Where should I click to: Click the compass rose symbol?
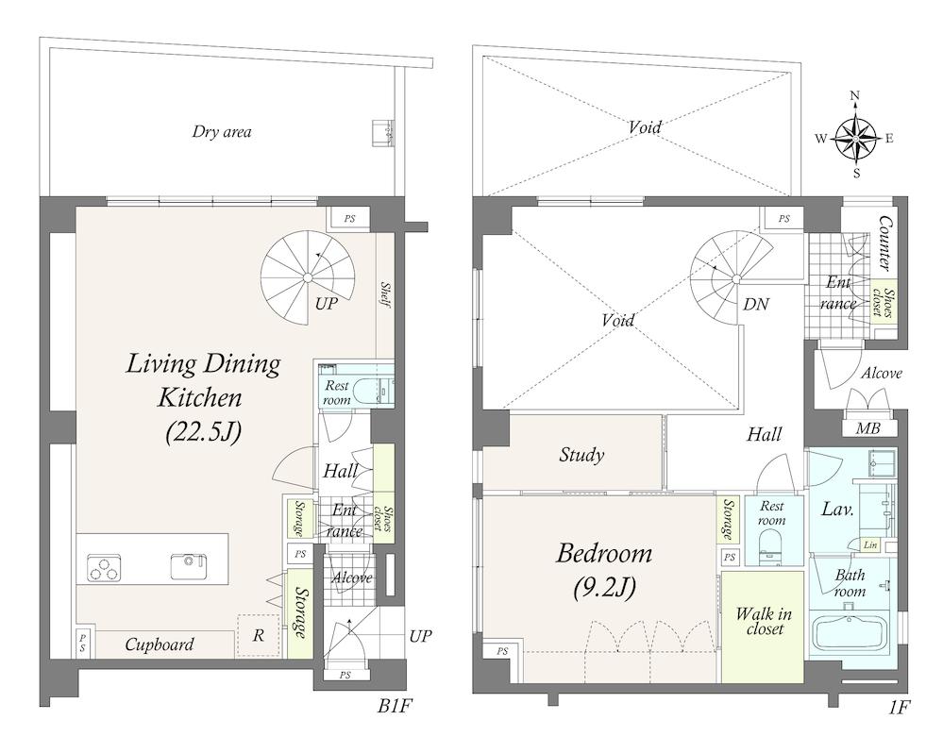coord(855,138)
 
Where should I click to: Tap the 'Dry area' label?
coord(221,131)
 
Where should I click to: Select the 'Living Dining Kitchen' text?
coord(203,380)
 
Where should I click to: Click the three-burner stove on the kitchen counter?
coord(104,567)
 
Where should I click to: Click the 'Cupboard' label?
coord(160,644)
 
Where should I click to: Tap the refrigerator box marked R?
coord(259,636)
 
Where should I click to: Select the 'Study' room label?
coord(581,455)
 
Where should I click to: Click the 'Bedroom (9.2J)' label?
coord(604,570)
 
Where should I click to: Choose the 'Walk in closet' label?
coord(764,622)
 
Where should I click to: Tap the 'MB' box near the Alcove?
coord(867,427)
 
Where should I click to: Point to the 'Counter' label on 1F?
coord(884,243)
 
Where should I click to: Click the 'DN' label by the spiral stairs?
coord(756,304)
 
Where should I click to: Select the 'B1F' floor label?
coord(395,706)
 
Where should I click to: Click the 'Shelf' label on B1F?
coord(385,295)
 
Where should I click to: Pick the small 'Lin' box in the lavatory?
coord(869,545)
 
